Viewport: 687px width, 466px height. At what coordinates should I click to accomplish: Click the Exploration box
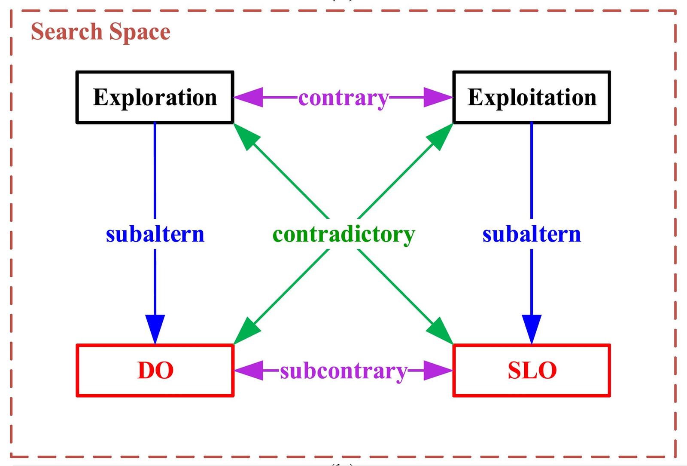point(155,98)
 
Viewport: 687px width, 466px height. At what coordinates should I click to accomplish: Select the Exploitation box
point(532,98)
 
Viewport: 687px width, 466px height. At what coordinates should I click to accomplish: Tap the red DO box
point(155,370)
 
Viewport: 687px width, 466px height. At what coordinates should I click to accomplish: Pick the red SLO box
point(532,370)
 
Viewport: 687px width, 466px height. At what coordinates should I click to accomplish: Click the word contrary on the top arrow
point(343,98)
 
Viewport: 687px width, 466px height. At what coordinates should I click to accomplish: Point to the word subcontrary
point(343,371)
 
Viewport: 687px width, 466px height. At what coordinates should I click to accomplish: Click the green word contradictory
point(343,235)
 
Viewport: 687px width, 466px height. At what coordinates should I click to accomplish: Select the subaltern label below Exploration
point(155,235)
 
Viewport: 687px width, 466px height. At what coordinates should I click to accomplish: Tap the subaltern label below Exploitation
point(532,235)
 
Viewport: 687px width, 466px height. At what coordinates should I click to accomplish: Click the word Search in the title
point(66,32)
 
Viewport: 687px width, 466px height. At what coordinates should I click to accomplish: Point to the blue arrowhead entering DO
point(155,329)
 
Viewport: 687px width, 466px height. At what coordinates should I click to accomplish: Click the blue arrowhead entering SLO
point(532,329)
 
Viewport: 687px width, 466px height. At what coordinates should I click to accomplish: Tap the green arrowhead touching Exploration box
point(246,136)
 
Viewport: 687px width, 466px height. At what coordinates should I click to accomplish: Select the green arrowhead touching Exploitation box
point(441,136)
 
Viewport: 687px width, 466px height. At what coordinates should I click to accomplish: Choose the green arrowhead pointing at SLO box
point(441,331)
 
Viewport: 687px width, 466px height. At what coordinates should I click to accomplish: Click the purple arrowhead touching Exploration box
point(248,98)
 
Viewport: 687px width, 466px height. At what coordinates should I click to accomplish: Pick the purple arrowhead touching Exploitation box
point(438,98)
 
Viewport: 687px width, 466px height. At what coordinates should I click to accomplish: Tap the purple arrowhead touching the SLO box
point(438,370)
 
